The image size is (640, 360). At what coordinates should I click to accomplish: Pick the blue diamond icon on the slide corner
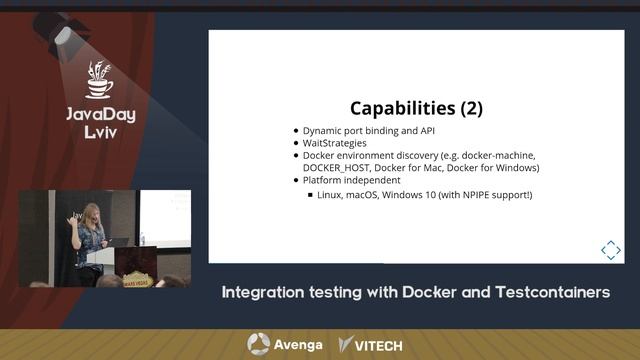point(610,249)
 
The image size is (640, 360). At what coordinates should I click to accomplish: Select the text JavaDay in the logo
point(100,114)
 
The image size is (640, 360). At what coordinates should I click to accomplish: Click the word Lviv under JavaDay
point(101,133)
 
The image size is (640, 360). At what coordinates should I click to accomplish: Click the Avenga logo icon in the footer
point(258,344)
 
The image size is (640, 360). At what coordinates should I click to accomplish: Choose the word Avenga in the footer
point(298,345)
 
